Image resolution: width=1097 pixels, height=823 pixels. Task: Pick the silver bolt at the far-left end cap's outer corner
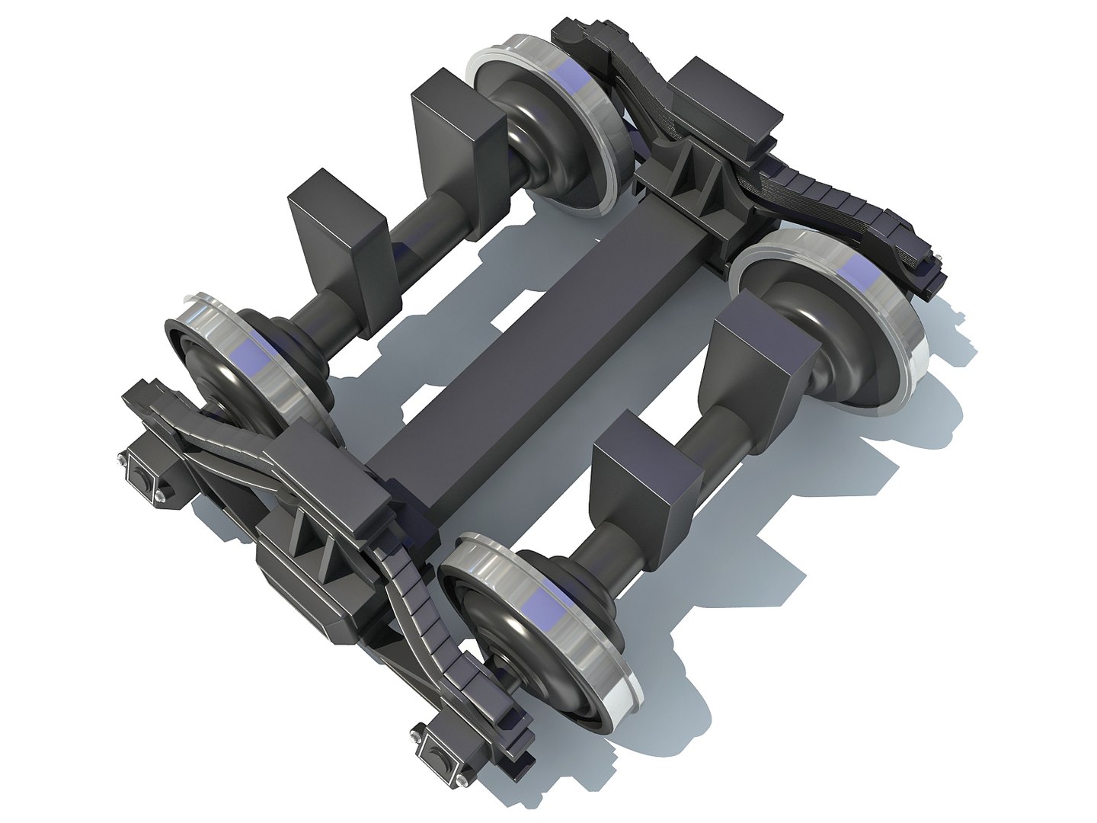pyautogui.click(x=122, y=460)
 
